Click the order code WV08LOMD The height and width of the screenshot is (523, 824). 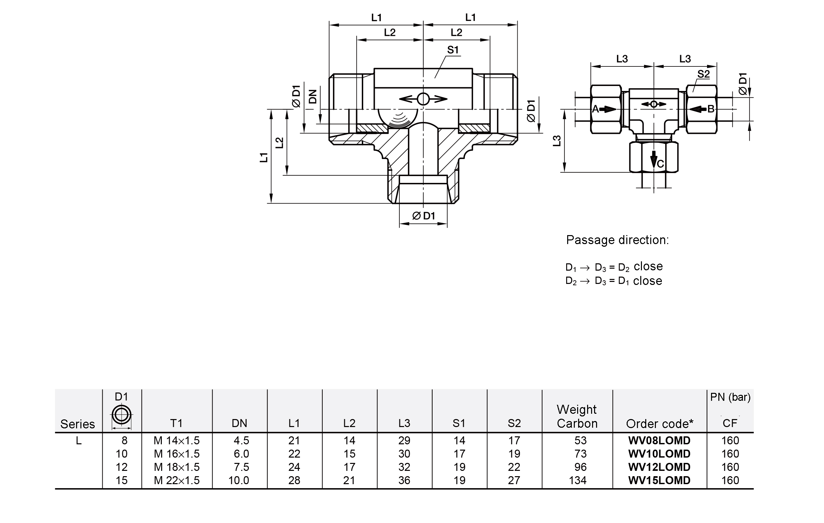coord(659,440)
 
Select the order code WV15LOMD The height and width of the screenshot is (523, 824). coord(659,480)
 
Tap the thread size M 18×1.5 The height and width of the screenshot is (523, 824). coord(176,467)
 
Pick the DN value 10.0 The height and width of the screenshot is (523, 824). coord(239,480)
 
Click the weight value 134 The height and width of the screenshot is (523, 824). coord(577,480)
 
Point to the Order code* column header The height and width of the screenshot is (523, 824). coord(660,424)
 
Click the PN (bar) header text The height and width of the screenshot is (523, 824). coord(730,397)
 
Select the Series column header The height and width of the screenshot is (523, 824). coord(78,424)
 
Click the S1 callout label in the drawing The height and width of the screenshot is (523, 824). coord(453,50)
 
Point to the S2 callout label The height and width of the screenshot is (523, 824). coord(703,74)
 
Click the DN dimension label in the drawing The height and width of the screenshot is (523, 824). coord(313,97)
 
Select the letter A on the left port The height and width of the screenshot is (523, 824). coord(595,109)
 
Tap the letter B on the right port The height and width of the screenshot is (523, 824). coord(711,109)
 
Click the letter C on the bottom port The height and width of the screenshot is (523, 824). coord(661,164)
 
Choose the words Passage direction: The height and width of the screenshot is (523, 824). coord(617,240)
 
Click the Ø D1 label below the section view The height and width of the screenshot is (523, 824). coord(424,216)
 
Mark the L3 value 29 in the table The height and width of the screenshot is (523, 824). coord(404,440)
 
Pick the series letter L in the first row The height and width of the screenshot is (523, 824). coord(79,441)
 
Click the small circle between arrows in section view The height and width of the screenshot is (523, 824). coord(423,99)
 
